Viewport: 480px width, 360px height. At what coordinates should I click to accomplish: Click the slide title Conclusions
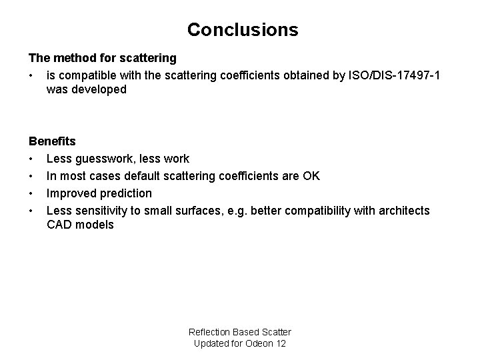pos(243,30)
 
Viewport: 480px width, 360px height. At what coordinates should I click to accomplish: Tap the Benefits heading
pos(52,141)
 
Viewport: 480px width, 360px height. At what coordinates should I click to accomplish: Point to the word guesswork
pos(106,159)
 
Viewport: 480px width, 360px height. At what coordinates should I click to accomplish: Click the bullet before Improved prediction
pos(31,193)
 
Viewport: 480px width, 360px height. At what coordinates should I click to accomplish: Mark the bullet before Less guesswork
pos(31,159)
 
